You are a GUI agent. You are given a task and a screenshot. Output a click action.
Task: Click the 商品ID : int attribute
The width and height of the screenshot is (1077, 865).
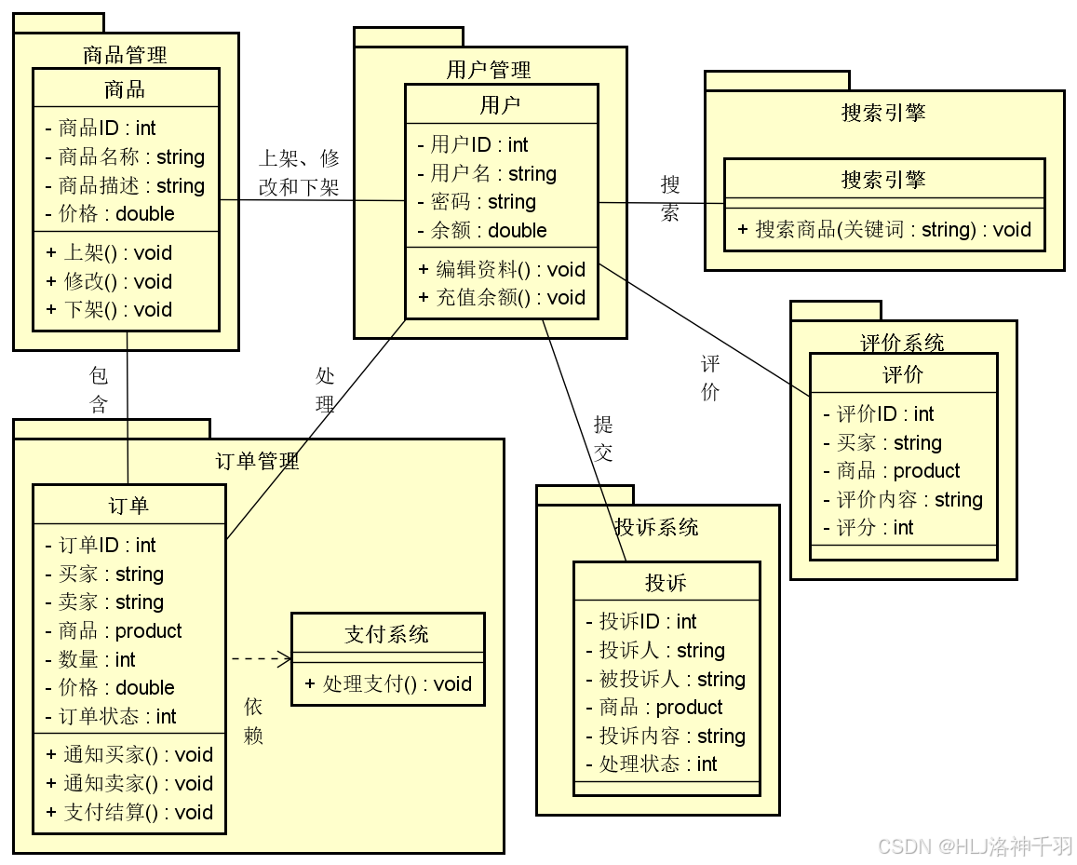(x=101, y=128)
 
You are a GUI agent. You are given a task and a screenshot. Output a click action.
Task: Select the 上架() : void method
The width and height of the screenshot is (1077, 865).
(x=109, y=253)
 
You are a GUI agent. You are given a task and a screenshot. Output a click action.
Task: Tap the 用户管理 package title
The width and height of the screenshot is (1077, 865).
(x=489, y=70)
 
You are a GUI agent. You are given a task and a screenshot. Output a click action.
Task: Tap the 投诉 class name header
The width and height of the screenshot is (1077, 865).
(x=666, y=583)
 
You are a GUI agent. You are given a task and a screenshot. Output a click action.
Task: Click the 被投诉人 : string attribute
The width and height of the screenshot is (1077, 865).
(x=666, y=680)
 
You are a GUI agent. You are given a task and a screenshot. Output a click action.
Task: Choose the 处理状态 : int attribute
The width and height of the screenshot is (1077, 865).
(x=652, y=764)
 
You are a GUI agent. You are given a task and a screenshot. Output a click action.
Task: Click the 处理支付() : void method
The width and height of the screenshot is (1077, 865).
(x=388, y=684)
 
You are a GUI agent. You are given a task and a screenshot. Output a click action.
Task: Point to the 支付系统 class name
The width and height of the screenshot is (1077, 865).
(x=387, y=635)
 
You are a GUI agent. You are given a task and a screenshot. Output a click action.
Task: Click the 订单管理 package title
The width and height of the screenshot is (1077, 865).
(x=257, y=461)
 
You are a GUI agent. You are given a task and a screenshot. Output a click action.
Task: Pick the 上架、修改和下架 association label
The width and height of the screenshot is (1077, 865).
(x=299, y=172)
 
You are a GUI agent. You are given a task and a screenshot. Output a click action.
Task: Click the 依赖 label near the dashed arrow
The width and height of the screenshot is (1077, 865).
(x=253, y=721)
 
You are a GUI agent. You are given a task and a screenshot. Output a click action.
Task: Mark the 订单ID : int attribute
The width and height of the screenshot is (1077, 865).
(x=101, y=546)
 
